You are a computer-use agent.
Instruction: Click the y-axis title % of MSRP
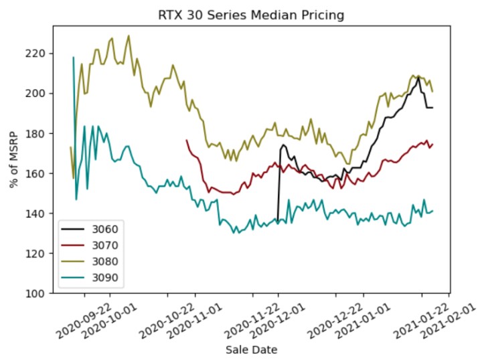[14, 160]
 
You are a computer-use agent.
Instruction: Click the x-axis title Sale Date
[251, 349]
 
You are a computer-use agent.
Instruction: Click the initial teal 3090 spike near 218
[73, 58]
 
